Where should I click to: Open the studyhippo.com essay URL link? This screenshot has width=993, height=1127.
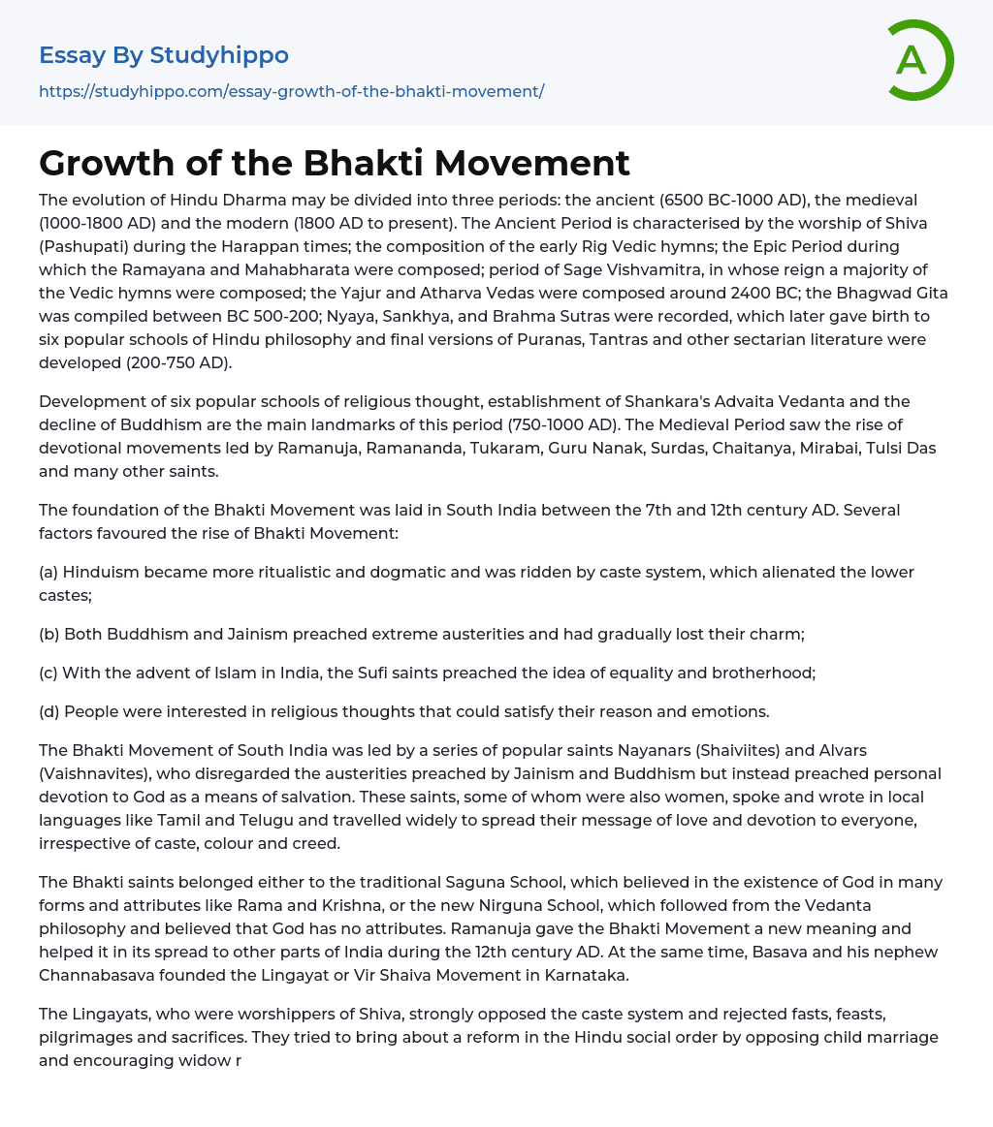coord(291,91)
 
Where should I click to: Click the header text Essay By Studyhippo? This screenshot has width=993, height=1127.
coord(164,55)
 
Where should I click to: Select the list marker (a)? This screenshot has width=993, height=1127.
coord(48,572)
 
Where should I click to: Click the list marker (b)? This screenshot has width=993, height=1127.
coord(48,634)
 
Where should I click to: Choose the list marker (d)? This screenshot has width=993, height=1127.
coord(48,711)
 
